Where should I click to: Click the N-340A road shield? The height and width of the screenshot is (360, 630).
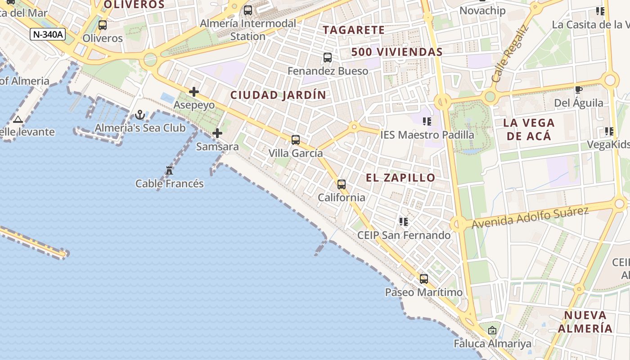coord(48,34)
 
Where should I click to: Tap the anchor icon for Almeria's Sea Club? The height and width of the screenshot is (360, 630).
coord(140,115)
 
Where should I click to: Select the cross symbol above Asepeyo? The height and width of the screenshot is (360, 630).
coord(194,92)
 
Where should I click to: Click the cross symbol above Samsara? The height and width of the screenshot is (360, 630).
coord(217,133)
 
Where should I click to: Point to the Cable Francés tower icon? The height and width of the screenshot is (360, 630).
coord(169,171)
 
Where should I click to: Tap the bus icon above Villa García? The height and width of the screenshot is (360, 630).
coord(296,140)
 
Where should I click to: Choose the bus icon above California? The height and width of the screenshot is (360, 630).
coord(342,184)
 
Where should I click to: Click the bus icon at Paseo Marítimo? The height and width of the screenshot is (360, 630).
coord(424,279)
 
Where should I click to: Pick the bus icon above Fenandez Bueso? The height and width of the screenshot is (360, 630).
coord(328,58)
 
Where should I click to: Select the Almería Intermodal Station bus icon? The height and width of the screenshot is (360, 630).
coord(248,10)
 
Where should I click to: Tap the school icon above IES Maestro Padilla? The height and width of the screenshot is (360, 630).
coord(427,121)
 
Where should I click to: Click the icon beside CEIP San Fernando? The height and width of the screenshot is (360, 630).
coord(404,222)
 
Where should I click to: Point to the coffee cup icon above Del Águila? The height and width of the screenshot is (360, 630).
coord(579,90)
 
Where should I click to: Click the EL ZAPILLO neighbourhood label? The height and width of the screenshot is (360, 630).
coord(400,178)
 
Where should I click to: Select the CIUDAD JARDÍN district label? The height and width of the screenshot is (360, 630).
coord(278,95)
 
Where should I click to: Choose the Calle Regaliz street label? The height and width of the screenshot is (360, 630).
coord(510,54)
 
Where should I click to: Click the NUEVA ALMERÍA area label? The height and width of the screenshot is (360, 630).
coord(585,321)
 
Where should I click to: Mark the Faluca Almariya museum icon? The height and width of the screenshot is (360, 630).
coord(492,331)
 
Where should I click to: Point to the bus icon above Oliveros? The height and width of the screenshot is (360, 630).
coord(103,25)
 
